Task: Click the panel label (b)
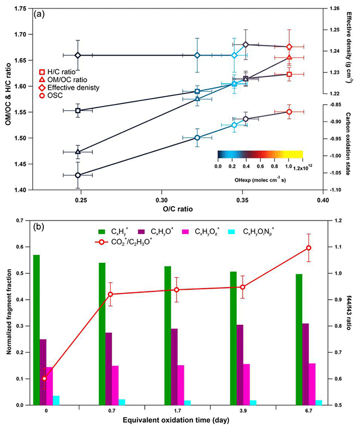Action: pos(40,226)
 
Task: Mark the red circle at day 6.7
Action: pos(308,248)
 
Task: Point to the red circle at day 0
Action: pos(44,378)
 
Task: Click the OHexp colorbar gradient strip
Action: pos(260,155)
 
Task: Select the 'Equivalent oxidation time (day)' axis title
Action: pos(176,420)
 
